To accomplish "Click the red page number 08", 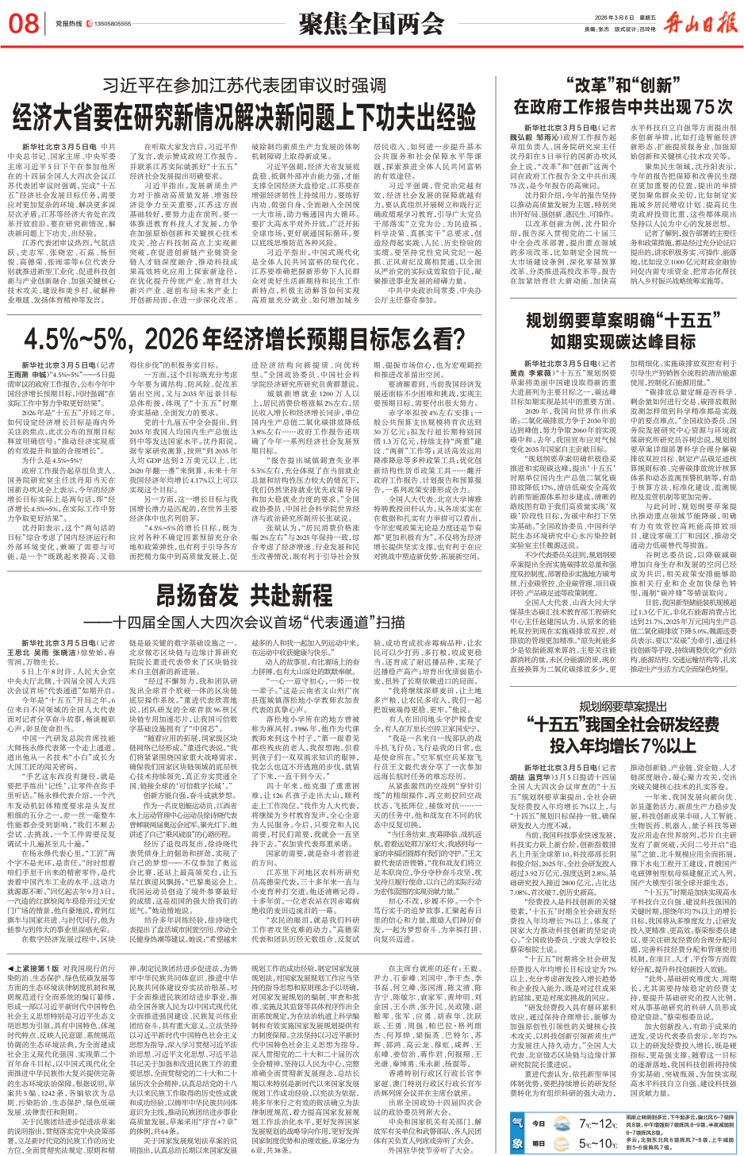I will [24, 23].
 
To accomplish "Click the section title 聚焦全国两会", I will [370, 24].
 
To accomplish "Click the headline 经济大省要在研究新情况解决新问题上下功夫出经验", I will [244, 116].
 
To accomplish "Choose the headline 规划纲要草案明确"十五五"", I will [619, 320].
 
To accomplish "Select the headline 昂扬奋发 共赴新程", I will [244, 595].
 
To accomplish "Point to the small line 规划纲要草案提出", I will [623, 706].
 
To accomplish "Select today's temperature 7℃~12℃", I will [597, 1123].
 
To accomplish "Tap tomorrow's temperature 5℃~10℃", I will [597, 1143].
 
